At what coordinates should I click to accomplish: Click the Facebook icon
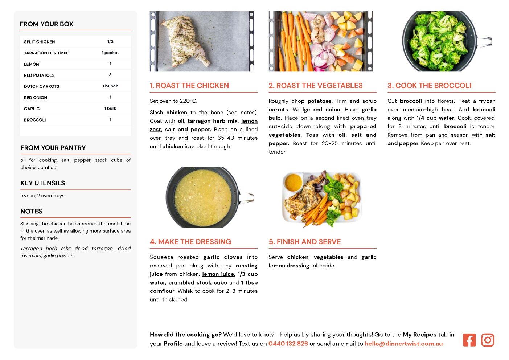click(x=469, y=340)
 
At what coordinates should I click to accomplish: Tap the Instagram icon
click(x=488, y=340)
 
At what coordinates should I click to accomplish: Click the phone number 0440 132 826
click(x=288, y=344)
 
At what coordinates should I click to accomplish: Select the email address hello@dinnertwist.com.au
click(x=403, y=344)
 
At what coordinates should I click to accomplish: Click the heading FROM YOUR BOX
click(x=46, y=24)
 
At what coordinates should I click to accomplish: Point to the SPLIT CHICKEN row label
click(x=40, y=42)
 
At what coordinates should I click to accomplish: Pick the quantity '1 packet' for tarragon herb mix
click(x=110, y=53)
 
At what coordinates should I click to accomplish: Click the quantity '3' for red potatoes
click(x=110, y=75)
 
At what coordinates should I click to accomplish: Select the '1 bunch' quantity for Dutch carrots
click(x=110, y=86)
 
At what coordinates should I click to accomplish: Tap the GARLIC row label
click(x=32, y=109)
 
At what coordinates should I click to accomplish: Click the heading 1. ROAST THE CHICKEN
click(x=189, y=85)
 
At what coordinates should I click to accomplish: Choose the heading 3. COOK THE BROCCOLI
click(x=430, y=85)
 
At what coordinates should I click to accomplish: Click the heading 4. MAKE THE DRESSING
click(x=190, y=242)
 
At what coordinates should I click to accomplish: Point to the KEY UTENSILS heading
click(x=43, y=183)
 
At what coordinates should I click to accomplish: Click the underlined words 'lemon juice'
click(x=218, y=274)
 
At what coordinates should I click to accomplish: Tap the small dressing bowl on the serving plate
click(x=294, y=182)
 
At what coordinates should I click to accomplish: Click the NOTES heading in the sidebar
click(x=31, y=211)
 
